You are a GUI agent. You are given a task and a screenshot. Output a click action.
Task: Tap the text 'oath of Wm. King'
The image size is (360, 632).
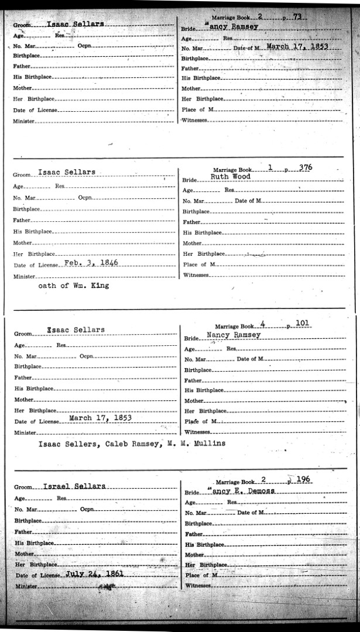tap(73, 286)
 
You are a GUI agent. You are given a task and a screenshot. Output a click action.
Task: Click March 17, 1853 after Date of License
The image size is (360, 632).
tap(100, 418)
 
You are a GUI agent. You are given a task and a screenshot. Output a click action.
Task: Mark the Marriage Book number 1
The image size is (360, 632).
tap(270, 167)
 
